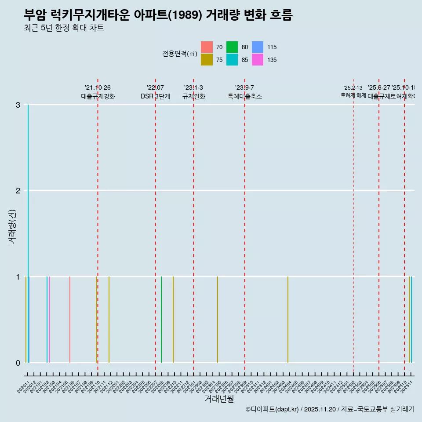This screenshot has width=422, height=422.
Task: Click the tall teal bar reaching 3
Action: tap(28, 233)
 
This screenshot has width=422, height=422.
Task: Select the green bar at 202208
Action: tap(161, 320)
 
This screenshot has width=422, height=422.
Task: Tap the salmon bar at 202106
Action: tap(70, 320)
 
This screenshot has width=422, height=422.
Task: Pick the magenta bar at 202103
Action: tap(49, 320)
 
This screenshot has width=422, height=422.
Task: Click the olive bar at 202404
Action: tap(288, 320)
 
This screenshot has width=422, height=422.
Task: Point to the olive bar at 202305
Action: tap(218, 320)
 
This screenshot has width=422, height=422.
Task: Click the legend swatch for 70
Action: tap(207, 47)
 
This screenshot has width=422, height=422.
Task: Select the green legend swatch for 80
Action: tap(232, 47)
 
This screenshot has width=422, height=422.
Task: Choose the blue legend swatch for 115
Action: tap(258, 47)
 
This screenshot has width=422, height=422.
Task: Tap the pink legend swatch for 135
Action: tap(258, 60)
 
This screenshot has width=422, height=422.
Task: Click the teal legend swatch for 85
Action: tap(232, 60)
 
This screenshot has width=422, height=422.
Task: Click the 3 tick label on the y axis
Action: tap(18, 105)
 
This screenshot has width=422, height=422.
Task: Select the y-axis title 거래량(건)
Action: tap(12, 227)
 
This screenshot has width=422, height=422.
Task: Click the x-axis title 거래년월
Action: tap(219, 399)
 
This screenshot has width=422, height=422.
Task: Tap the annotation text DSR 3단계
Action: tap(155, 96)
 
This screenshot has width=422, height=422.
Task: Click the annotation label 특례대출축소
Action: tap(244, 96)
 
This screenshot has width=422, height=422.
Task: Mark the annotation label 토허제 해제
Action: tap(353, 95)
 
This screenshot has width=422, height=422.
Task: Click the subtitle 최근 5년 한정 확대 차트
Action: tap(64, 28)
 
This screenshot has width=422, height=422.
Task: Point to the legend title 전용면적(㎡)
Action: tap(179, 54)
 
